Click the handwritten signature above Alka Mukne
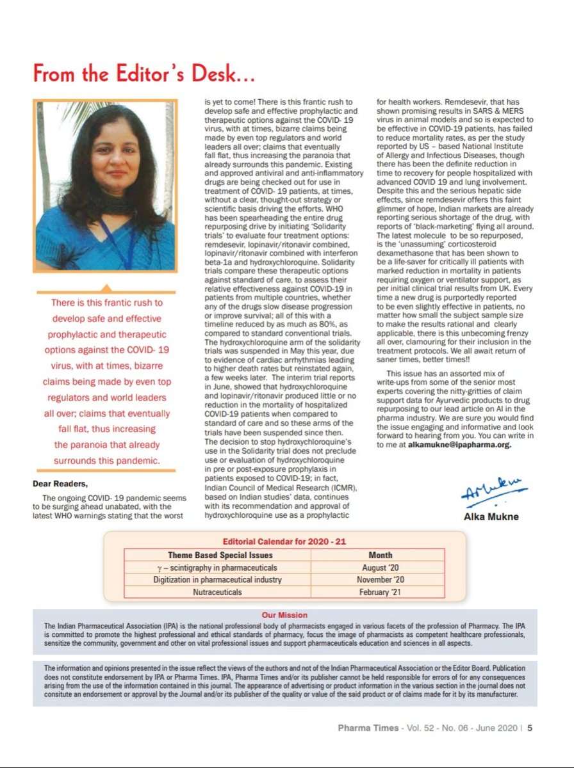[x=491, y=492]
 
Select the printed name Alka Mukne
[x=491, y=516]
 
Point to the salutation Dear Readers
[x=62, y=484]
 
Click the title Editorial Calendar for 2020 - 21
[x=284, y=541]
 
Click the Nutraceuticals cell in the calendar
[x=218, y=593]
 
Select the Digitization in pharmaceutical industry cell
[x=218, y=580]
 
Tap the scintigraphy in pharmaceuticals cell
[x=218, y=568]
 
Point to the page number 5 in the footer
[x=530, y=727]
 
